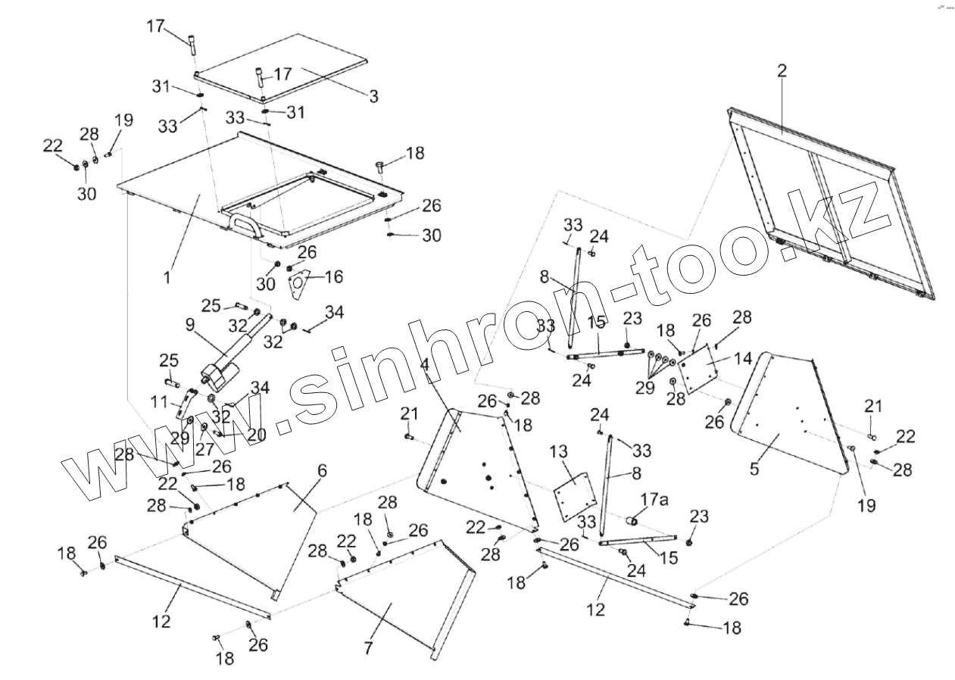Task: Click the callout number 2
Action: pyautogui.click(x=782, y=71)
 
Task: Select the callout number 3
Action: pyautogui.click(x=373, y=97)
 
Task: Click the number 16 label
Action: pyautogui.click(x=333, y=277)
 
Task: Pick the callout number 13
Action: pyautogui.click(x=558, y=452)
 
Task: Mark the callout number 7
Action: pyautogui.click(x=369, y=648)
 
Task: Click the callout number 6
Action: pyautogui.click(x=322, y=471)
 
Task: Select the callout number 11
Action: pyautogui.click(x=158, y=403)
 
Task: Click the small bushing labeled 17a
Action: pyautogui.click(x=632, y=521)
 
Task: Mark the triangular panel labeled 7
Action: pyautogui.click(x=401, y=598)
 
